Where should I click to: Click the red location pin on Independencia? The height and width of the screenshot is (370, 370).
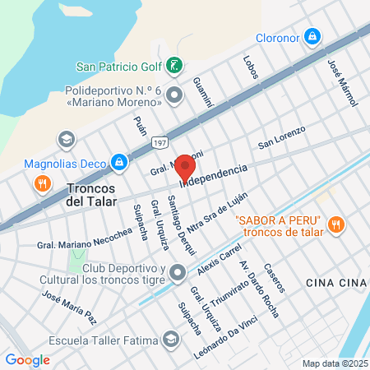click(x=186, y=168)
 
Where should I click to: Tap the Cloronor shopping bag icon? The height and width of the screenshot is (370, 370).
click(x=312, y=36)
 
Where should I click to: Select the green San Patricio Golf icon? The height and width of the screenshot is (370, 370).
click(x=173, y=65)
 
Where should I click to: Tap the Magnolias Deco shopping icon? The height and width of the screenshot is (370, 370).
click(x=119, y=162)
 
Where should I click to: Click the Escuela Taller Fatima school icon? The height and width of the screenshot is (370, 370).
click(x=170, y=339)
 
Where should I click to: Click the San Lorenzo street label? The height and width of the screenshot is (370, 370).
click(x=281, y=137)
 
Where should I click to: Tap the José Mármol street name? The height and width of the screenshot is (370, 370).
click(x=335, y=77)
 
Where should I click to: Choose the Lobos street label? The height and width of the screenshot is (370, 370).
click(x=251, y=68)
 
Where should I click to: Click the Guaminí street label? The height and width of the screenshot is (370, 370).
click(x=202, y=90)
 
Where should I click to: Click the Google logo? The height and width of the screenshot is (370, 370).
click(x=28, y=359)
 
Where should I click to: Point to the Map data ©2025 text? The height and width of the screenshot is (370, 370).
click(x=334, y=363)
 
